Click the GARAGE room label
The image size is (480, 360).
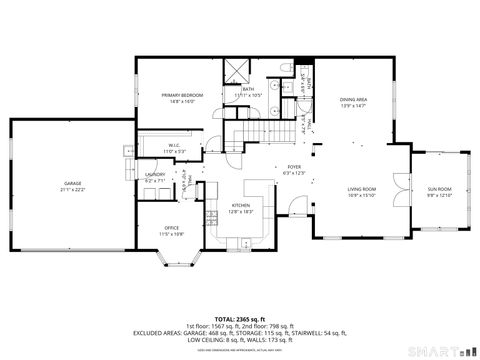73,183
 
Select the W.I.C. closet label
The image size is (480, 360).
174,145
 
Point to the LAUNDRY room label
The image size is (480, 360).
155,175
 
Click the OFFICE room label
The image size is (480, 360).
172,228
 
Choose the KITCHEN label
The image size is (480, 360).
240,205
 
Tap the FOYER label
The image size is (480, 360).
294,167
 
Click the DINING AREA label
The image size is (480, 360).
353,99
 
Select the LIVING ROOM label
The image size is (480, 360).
361,189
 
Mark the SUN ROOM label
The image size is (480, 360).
440,189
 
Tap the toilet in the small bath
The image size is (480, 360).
287,70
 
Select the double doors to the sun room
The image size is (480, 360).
404,185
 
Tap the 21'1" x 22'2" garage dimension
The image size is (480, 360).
73,189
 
